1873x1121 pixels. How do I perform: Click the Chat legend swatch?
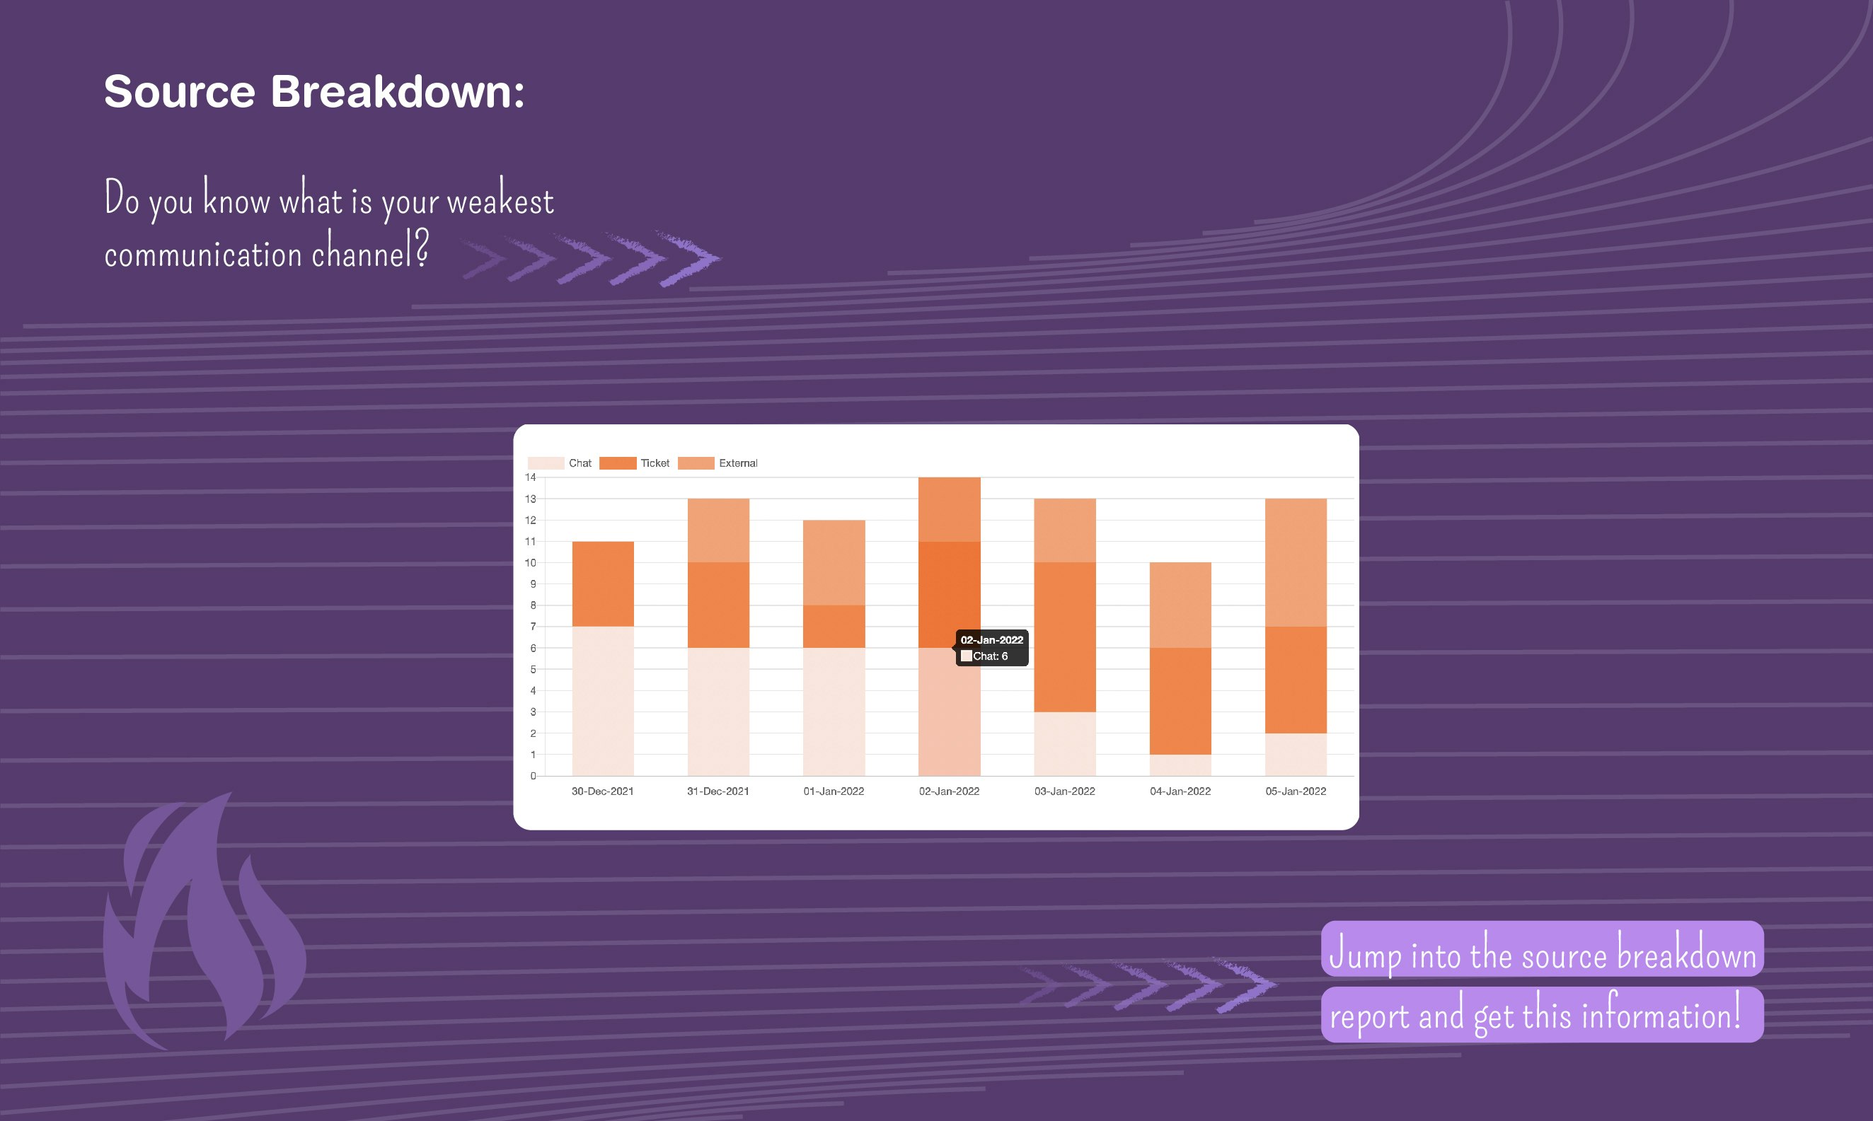coord(546,463)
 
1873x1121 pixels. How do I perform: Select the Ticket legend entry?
coord(634,463)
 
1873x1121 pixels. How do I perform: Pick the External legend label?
coord(738,463)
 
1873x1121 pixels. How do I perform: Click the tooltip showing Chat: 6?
coord(992,648)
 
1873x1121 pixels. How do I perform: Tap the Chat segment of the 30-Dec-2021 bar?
coord(603,701)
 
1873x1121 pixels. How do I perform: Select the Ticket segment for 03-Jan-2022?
coord(1064,637)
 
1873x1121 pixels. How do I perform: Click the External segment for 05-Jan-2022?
coord(1296,563)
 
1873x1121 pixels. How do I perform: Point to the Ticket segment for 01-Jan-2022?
coord(834,626)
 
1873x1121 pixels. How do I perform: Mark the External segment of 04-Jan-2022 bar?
coord(1180,605)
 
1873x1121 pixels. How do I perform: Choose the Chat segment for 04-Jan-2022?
coord(1180,765)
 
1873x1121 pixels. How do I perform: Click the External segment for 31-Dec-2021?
coord(718,530)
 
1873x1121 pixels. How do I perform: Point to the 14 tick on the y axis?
coord(531,477)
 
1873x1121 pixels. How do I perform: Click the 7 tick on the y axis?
coord(533,626)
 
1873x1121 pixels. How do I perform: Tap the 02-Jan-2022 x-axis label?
coord(949,791)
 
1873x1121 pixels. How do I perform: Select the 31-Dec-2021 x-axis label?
coord(717,791)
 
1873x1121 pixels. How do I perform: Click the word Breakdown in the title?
coord(398,91)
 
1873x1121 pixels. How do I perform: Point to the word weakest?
coord(500,200)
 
